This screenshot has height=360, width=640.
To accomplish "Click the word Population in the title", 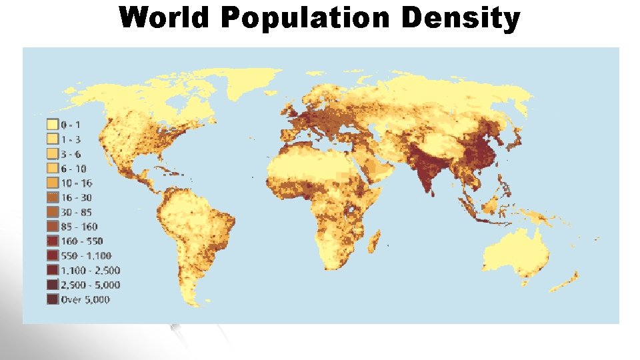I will pyautogui.click(x=305, y=19).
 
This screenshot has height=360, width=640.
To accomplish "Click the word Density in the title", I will pyautogui.click(x=460, y=19).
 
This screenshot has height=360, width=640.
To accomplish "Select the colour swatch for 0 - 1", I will pyautogui.click(x=52, y=125).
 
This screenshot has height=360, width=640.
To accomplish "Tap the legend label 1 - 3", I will pyautogui.click(x=72, y=139).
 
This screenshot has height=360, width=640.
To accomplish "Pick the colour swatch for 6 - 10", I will pyautogui.click(x=52, y=168).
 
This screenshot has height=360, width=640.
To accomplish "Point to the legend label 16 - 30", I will pyautogui.click(x=77, y=197).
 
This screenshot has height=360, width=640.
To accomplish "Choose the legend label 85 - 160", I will pyautogui.click(x=79, y=227).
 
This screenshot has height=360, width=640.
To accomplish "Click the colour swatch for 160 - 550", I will pyautogui.click(x=52, y=241).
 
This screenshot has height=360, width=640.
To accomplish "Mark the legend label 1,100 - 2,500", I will pyautogui.click(x=91, y=271).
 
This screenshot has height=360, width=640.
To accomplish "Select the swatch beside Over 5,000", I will pyautogui.click(x=52, y=299).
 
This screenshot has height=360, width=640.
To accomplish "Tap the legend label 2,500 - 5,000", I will pyautogui.click(x=91, y=285).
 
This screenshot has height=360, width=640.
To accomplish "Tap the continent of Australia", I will pyautogui.click(x=517, y=250).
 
